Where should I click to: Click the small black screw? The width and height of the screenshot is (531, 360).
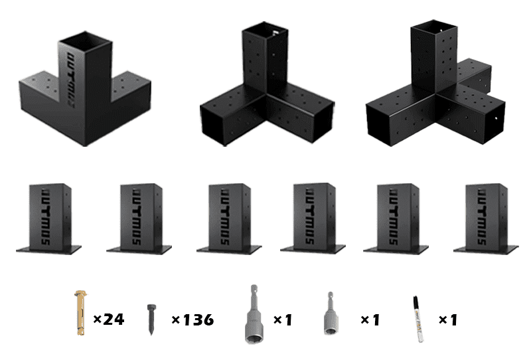point(151,319)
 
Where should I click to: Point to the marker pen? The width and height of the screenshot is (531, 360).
point(417,319)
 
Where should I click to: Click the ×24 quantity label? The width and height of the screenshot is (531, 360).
point(109,319)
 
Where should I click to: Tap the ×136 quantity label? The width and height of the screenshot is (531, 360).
point(192,319)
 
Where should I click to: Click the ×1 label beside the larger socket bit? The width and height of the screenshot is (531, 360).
point(283,319)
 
